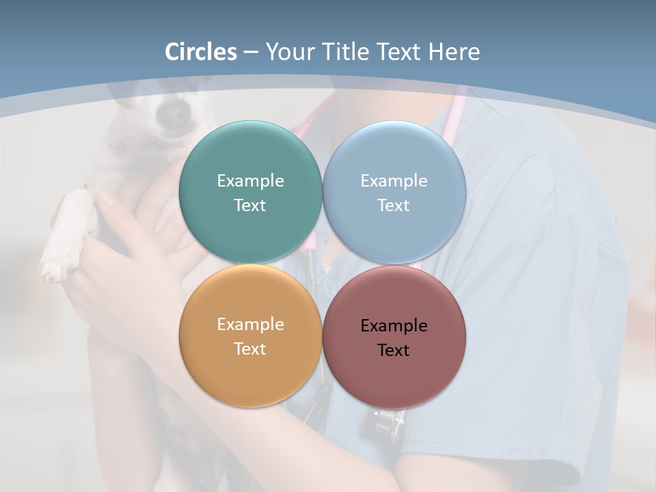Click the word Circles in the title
pyautogui.click(x=201, y=52)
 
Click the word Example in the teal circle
pyautogui.click(x=250, y=180)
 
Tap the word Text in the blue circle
pyautogui.click(x=394, y=205)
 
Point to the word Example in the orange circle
pyautogui.click(x=250, y=324)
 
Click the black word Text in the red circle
pyautogui.click(x=394, y=350)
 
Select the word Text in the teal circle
pyautogui.click(x=250, y=205)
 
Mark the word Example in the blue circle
pyautogui.click(x=394, y=180)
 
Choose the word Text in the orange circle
pyautogui.click(x=250, y=348)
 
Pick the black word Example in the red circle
pyautogui.click(x=394, y=325)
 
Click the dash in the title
pyautogui.click(x=251, y=53)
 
